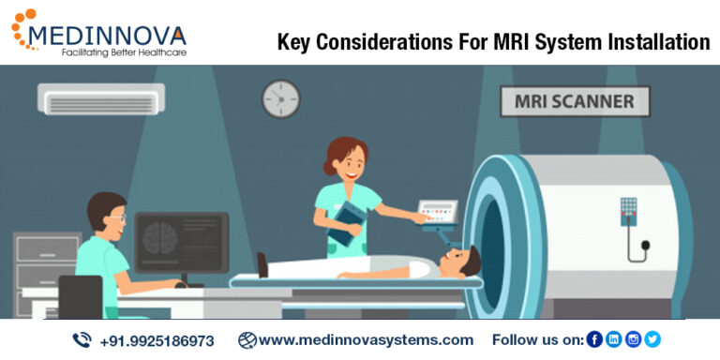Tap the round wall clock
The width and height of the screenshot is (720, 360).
coord(279,97)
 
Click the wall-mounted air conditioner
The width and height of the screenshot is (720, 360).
coord(101,97)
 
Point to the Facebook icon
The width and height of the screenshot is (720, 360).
coord(594,339)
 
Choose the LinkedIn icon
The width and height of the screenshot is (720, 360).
coord(614,339)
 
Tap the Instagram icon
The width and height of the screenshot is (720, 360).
coord(634,339)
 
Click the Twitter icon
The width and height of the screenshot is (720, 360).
coord(652,339)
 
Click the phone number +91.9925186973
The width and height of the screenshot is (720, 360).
coord(157,340)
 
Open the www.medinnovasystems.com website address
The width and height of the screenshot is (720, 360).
coord(366,339)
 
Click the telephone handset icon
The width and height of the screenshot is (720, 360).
coord(82,339)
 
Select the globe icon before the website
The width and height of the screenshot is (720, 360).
coord(247,339)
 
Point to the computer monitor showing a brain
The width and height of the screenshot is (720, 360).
coord(181,241)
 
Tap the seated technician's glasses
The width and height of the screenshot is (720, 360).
coord(115,217)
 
